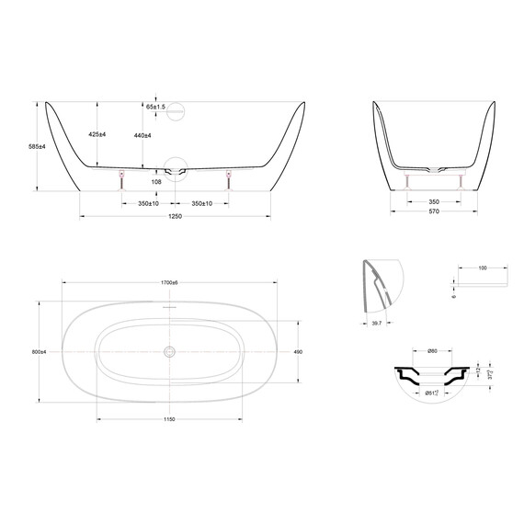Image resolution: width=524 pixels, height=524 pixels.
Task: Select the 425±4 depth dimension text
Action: point(98,134)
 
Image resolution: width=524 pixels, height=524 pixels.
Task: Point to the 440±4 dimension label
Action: point(142,135)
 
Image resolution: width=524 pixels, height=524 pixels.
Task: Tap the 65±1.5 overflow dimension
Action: point(155,107)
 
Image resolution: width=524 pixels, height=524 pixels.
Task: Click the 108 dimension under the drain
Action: point(155,182)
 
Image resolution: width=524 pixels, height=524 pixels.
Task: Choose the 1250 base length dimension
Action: point(175,216)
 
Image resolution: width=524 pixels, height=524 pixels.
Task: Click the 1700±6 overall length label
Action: point(169,281)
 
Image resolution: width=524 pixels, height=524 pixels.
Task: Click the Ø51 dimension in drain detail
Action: point(431,393)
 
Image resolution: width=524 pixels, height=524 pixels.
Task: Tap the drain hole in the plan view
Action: point(169,351)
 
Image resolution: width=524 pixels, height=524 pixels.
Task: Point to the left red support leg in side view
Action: point(120,178)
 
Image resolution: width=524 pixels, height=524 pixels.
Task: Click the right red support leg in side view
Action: point(228,178)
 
